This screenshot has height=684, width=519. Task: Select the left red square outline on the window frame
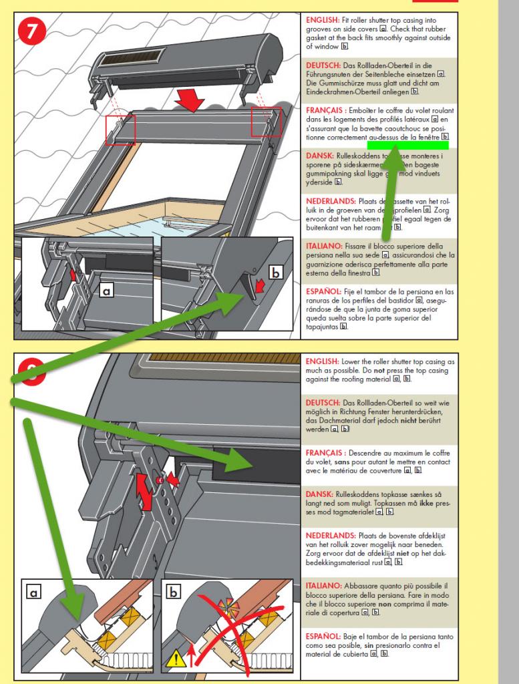120,129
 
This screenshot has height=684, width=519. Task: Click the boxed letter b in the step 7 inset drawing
275,273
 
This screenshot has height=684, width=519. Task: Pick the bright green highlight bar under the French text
407,144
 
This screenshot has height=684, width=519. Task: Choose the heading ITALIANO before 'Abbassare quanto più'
324,586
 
